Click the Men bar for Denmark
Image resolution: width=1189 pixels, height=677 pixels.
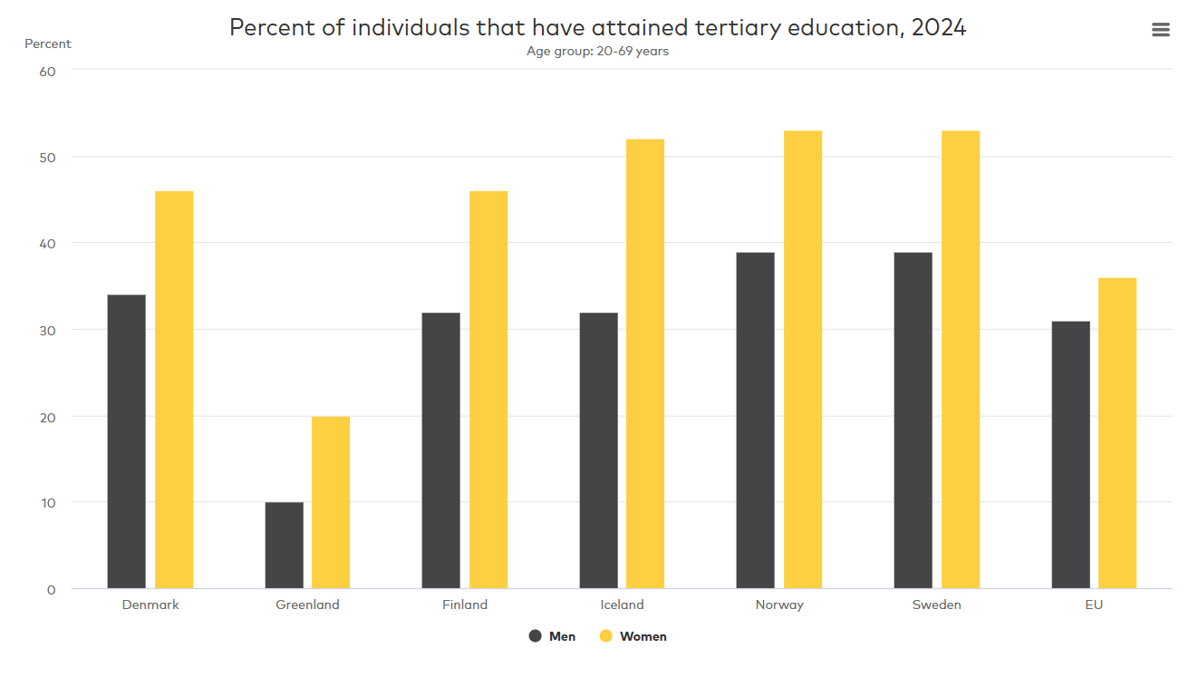(x=126, y=441)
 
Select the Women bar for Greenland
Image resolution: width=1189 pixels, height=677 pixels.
(x=331, y=502)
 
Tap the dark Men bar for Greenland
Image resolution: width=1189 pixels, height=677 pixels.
(x=284, y=545)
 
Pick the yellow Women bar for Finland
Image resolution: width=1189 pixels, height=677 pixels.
(x=488, y=390)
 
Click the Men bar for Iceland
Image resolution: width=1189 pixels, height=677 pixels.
(x=598, y=450)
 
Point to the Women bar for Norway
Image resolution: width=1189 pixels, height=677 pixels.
(x=803, y=360)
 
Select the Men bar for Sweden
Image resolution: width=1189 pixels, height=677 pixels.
(x=913, y=421)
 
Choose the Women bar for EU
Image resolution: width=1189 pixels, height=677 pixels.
(x=1117, y=433)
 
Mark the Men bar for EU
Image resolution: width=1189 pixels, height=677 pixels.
(x=1070, y=455)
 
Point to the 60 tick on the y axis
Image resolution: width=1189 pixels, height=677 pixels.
(x=48, y=71)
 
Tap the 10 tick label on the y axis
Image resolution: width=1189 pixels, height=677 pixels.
(x=48, y=503)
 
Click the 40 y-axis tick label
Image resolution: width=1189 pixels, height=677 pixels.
(x=48, y=244)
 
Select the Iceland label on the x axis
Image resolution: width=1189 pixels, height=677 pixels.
(x=622, y=604)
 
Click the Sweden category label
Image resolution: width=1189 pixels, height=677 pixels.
(x=936, y=604)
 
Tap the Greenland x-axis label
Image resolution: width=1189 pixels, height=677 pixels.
(x=307, y=604)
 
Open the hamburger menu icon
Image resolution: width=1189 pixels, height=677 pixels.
(x=1160, y=30)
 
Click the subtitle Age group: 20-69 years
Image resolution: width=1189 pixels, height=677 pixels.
(x=597, y=51)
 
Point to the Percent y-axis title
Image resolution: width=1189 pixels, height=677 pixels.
(x=47, y=44)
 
